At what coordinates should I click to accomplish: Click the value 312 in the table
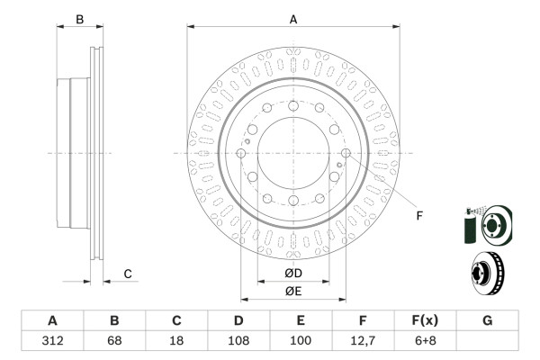point(52,341)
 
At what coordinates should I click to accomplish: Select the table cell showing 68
point(114,341)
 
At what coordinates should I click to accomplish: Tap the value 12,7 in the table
point(363,341)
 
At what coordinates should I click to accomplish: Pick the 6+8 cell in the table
point(425,341)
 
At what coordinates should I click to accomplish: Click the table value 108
point(238,341)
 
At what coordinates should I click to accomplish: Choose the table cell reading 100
point(301,341)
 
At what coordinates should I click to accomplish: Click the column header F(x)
point(425,320)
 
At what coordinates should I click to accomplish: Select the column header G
point(487,320)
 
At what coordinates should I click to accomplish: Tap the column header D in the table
point(238,320)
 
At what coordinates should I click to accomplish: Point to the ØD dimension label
point(293,273)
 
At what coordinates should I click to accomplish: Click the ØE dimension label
point(293,291)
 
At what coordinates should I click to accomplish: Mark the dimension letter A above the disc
point(293,18)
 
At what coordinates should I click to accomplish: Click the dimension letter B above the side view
point(79,19)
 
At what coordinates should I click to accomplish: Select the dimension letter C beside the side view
point(128,274)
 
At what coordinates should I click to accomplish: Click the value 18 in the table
point(176,341)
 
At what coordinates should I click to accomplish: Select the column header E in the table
point(301,320)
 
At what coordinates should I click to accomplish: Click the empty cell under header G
point(487,341)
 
